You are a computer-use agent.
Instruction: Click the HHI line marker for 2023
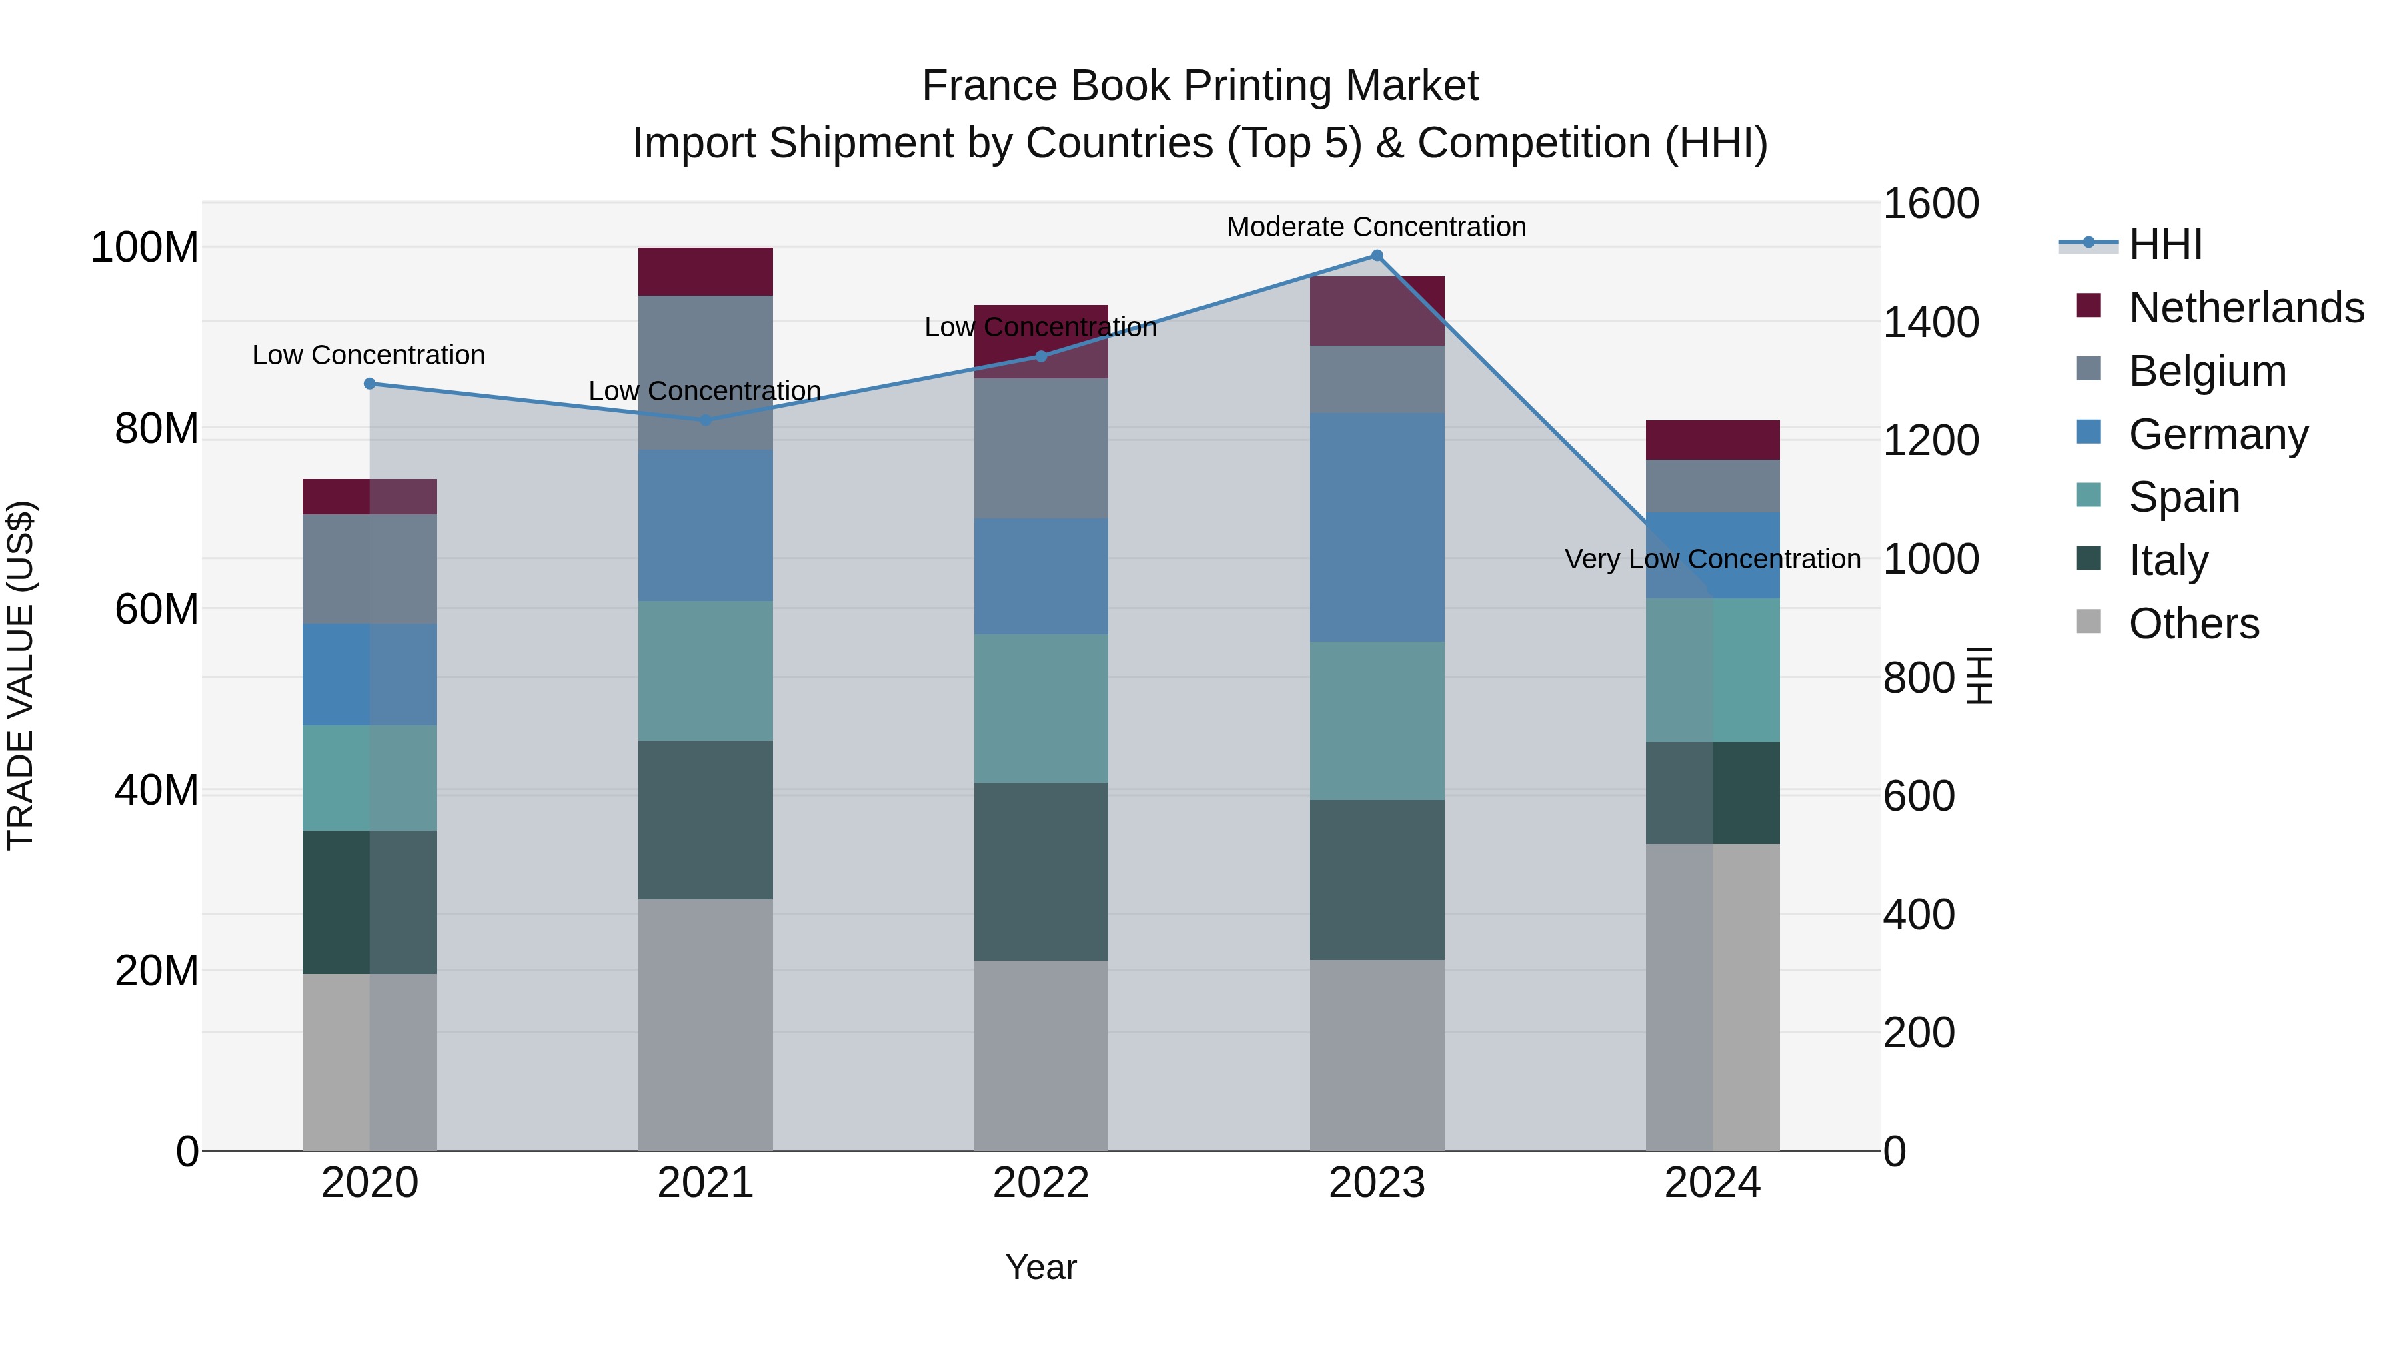point(1377,256)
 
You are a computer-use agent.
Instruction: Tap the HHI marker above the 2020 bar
point(370,383)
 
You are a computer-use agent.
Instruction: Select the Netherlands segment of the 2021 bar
point(706,272)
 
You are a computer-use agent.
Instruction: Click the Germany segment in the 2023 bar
point(1377,527)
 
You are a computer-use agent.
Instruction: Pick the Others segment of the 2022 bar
point(1041,1055)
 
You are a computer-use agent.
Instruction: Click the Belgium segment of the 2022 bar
point(1041,448)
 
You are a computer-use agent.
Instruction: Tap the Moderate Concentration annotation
point(1376,227)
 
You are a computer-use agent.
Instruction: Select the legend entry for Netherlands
point(2246,307)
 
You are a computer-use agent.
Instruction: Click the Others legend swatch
point(2089,622)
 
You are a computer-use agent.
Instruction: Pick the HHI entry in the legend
point(2165,244)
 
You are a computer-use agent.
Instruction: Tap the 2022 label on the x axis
point(1041,1182)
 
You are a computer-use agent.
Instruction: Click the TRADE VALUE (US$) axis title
point(21,675)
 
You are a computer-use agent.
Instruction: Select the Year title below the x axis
point(1041,1267)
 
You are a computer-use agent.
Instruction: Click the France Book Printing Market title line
point(1200,86)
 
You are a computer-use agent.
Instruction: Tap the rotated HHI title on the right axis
point(1979,675)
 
